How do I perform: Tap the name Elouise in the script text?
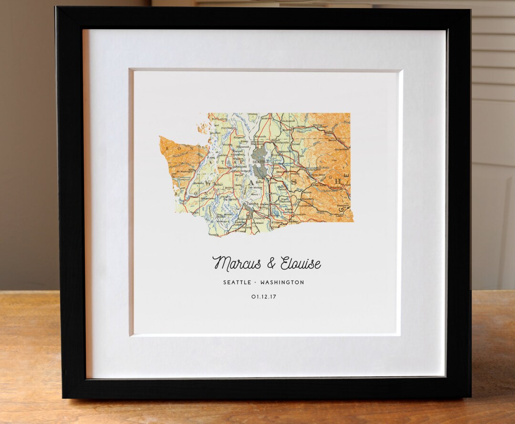point(300,263)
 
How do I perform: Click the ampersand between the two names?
point(271,263)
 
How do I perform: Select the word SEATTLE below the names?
point(237,282)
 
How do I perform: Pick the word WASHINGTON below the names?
point(282,282)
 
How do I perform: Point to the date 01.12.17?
point(264,297)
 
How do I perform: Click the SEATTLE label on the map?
point(260,162)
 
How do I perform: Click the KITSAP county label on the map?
point(227,162)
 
